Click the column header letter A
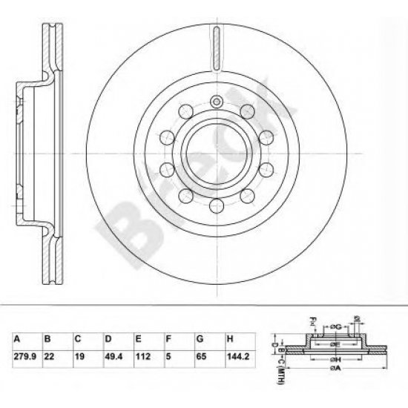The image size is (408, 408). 18,338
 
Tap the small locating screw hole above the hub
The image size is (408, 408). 216,103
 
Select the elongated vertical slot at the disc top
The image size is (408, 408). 216,47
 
